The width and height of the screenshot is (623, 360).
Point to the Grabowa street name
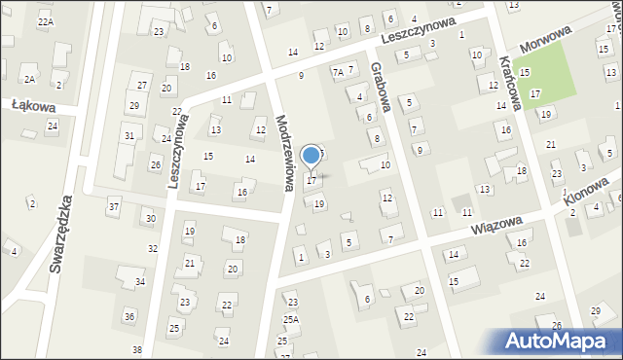pos(380,87)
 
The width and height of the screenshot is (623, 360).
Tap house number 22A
pos(45,21)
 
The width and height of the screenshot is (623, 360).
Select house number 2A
pos(30,79)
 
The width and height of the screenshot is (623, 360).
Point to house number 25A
pos(290,319)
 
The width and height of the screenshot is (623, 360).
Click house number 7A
pos(337,72)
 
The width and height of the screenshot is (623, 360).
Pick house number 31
pos(128,135)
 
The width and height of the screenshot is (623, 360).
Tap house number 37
pos(114,206)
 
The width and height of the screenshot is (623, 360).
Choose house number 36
pos(128,316)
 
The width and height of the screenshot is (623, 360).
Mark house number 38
pos(137,349)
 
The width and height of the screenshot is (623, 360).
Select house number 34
pos(140,282)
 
